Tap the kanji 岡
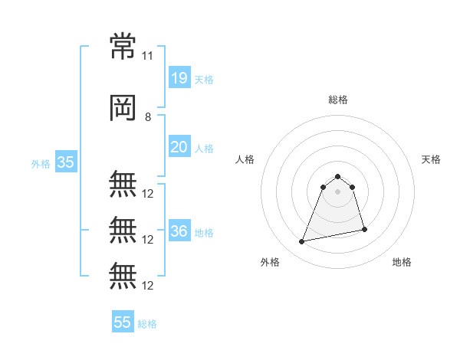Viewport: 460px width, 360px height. tap(123, 110)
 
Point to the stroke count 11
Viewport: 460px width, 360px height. tap(148, 56)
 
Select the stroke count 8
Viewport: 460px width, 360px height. tap(148, 117)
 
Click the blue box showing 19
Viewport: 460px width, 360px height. tap(179, 77)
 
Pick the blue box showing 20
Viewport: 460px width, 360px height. tap(179, 147)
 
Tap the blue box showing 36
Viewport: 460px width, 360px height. tap(179, 231)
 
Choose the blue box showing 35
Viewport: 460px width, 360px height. tap(65, 162)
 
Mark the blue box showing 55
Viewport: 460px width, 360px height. tap(123, 322)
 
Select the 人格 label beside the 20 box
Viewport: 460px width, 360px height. tap(204, 149)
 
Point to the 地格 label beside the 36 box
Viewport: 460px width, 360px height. tap(204, 233)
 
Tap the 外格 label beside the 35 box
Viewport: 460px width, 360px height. tap(41, 164)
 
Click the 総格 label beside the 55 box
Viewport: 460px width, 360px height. tap(147, 324)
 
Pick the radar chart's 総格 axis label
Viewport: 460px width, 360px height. tap(338, 100)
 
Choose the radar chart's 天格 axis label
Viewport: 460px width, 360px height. tap(432, 159)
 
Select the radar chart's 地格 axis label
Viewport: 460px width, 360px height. tap(402, 263)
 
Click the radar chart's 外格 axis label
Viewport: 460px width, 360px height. tap(270, 263)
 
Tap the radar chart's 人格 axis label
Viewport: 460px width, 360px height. tap(245, 159)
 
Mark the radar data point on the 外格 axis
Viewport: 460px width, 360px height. tap(302, 242)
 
